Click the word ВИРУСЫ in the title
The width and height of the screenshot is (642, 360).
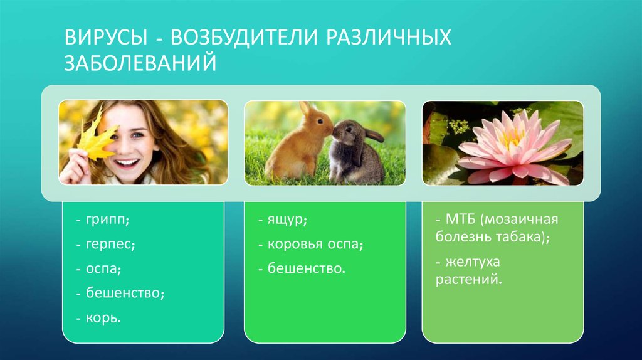click(x=103, y=37)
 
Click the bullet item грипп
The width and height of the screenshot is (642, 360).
click(x=106, y=221)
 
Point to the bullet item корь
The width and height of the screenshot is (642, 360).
click(x=103, y=317)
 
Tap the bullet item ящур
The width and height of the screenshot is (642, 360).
click(x=288, y=221)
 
